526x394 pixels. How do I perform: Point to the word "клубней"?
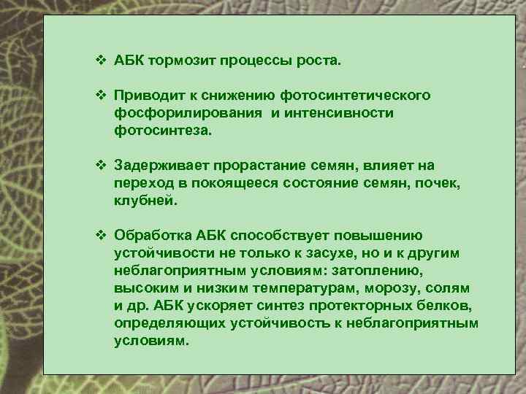[144, 202]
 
